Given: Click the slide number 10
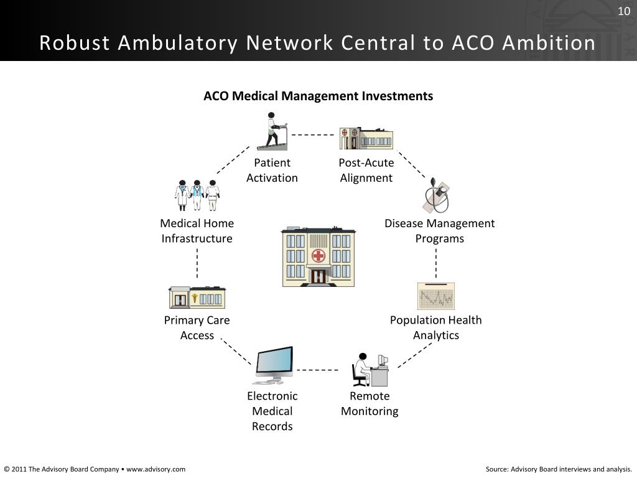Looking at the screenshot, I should click(x=624, y=11).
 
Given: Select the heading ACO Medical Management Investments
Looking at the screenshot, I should click(x=318, y=96).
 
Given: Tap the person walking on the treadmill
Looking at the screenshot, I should click(x=273, y=131).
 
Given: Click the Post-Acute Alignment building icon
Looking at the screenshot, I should click(x=366, y=138).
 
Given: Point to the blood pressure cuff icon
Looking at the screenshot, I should click(x=437, y=195).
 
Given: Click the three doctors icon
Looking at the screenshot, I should click(x=197, y=195).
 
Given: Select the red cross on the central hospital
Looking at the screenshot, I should click(x=318, y=256).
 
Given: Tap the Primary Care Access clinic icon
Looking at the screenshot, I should click(x=197, y=298).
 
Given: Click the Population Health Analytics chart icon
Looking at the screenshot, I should click(x=435, y=296).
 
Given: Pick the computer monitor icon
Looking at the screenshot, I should click(x=274, y=365).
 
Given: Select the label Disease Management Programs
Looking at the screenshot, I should click(x=439, y=231).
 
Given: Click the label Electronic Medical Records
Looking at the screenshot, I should click(x=272, y=411).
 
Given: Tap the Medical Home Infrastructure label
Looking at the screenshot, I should click(x=197, y=231).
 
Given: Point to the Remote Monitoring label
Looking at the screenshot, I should click(x=370, y=403).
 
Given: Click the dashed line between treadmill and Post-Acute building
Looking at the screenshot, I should click(x=312, y=134).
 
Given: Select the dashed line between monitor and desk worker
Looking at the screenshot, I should click(x=317, y=370).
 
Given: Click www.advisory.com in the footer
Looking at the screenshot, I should click(x=156, y=469).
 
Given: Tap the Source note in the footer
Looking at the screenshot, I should click(x=559, y=469).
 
